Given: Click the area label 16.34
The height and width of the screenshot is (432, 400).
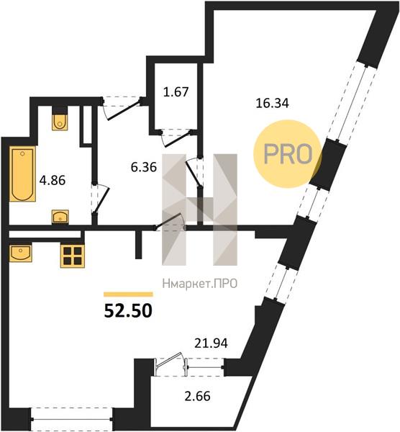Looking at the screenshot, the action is tap(272, 103).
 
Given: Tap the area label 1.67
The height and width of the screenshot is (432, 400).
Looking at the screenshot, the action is tap(176, 91).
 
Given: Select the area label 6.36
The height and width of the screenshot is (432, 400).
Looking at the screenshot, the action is tap(144, 167).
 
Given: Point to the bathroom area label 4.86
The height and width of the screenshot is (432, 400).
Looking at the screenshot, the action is tap(53, 181).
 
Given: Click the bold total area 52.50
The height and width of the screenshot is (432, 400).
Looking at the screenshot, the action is tap(128, 311).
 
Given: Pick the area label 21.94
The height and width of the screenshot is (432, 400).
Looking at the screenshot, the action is tap(211, 343).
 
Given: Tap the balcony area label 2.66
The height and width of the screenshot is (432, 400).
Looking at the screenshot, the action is tap(197, 396).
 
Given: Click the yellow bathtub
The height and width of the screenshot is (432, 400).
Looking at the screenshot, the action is tap(22, 174).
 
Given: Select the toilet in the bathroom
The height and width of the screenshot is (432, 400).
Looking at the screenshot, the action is tap(60, 121).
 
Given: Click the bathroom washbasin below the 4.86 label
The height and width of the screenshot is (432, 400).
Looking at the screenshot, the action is tap(60, 217).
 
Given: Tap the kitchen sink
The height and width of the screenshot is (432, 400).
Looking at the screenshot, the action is tap(21, 253).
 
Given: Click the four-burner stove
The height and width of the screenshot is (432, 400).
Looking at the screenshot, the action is tap(73, 256).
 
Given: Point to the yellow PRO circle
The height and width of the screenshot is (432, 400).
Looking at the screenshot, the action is tap(288, 154).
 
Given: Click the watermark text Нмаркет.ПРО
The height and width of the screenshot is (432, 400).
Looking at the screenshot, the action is tap(200, 284).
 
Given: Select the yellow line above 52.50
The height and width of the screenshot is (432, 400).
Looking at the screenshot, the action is tap(128, 294).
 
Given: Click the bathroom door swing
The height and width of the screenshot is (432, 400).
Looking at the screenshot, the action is tap(101, 199).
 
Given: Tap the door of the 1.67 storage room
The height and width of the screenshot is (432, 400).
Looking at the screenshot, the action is tap(176, 138).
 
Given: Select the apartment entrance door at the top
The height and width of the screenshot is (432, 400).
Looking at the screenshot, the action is tap(122, 109).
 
